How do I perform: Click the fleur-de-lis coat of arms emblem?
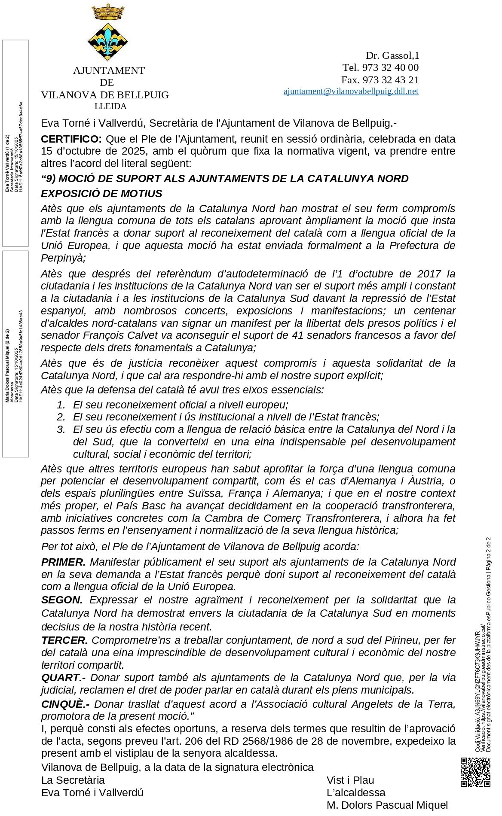(107, 42)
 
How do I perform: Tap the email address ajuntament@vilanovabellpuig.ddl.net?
(351, 91)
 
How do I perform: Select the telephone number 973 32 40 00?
(390, 67)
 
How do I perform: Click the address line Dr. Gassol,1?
(392, 55)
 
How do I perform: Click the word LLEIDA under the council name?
(110, 106)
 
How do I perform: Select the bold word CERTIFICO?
(71, 139)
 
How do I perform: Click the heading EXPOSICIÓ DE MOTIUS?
(101, 194)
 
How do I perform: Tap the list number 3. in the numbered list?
(61, 429)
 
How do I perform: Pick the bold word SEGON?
(62, 600)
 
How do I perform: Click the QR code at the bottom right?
(475, 772)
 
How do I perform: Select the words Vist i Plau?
(350, 780)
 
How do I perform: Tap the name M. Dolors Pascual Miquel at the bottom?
(387, 805)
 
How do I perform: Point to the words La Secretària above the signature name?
(73, 780)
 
